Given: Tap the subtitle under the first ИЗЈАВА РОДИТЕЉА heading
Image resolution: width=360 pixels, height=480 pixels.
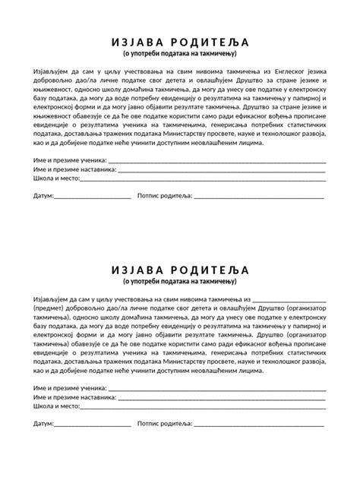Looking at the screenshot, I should click(x=180, y=55).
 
